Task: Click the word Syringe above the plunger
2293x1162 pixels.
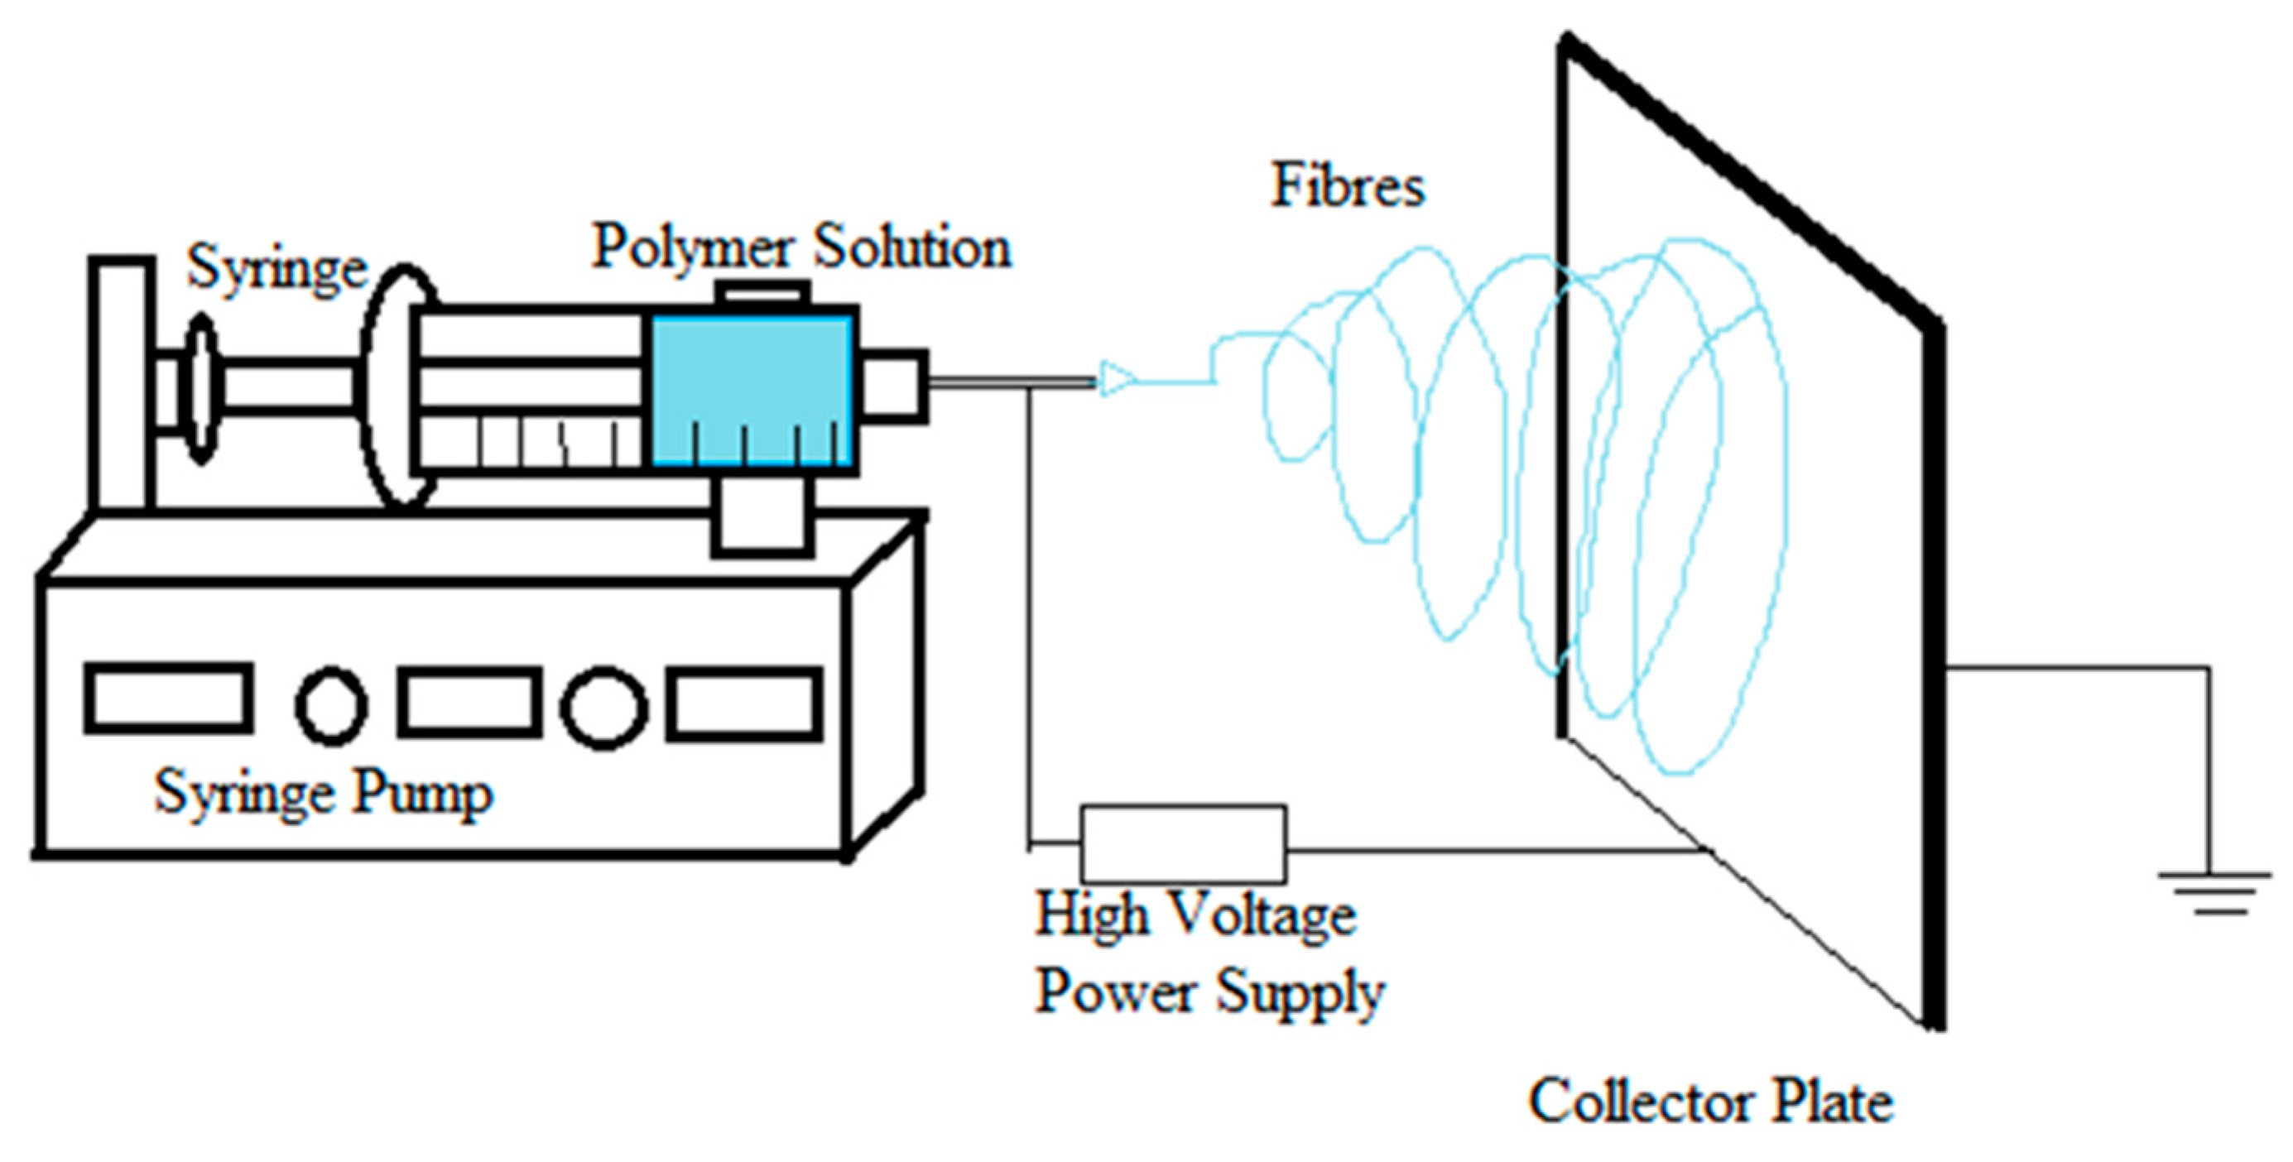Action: point(276,268)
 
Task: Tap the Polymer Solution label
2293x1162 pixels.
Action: point(801,247)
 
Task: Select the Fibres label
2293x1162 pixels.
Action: point(1347,187)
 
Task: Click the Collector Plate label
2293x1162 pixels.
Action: point(1710,1102)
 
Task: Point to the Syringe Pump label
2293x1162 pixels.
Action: point(322,793)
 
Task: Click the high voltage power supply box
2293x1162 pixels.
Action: point(1182,843)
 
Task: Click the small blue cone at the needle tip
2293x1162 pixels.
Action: point(1113,379)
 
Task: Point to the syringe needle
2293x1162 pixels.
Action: point(1010,382)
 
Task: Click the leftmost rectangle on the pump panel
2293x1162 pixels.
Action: point(167,699)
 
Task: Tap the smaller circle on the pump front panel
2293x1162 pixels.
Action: point(331,704)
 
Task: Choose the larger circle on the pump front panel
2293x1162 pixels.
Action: point(603,707)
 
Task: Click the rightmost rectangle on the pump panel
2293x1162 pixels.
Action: point(743,703)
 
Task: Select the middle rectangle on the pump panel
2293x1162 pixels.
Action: point(469,702)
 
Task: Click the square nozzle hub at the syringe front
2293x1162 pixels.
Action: point(893,383)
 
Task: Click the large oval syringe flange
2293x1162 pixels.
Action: point(401,384)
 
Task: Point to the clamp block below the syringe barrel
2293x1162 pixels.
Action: point(762,518)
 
